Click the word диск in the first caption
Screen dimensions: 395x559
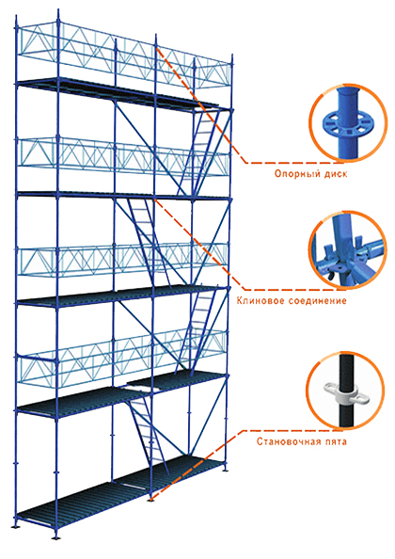335,173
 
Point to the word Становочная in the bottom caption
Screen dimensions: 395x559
288,441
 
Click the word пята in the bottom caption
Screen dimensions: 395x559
335,441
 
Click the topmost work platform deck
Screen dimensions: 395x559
118,91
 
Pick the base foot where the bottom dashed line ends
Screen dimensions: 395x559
151,499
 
